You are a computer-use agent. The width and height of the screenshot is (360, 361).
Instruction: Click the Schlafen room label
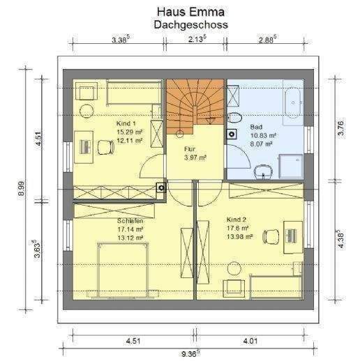(130, 220)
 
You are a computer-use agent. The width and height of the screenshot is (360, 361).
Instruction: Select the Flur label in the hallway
(190, 149)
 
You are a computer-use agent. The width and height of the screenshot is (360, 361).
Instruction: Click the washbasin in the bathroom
(263, 169)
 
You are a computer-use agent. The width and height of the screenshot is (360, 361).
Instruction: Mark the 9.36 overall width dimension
(190, 353)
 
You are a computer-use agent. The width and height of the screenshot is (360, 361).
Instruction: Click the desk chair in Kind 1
(106, 146)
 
